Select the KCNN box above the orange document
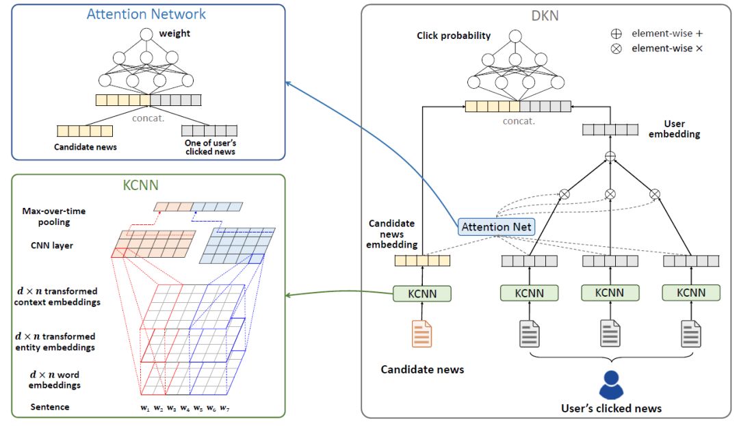[x=422, y=293]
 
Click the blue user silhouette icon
[x=611, y=385]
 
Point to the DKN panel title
[x=545, y=15]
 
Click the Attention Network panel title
[x=146, y=14]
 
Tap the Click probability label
[x=454, y=36]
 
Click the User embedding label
[x=682, y=129]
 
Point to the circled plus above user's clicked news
[x=610, y=157]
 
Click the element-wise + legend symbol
[x=616, y=33]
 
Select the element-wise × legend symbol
[x=616, y=49]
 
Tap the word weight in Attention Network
[x=174, y=34]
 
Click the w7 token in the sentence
[x=224, y=408]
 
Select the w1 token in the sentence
[x=145, y=408]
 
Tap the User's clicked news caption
[x=611, y=408]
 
